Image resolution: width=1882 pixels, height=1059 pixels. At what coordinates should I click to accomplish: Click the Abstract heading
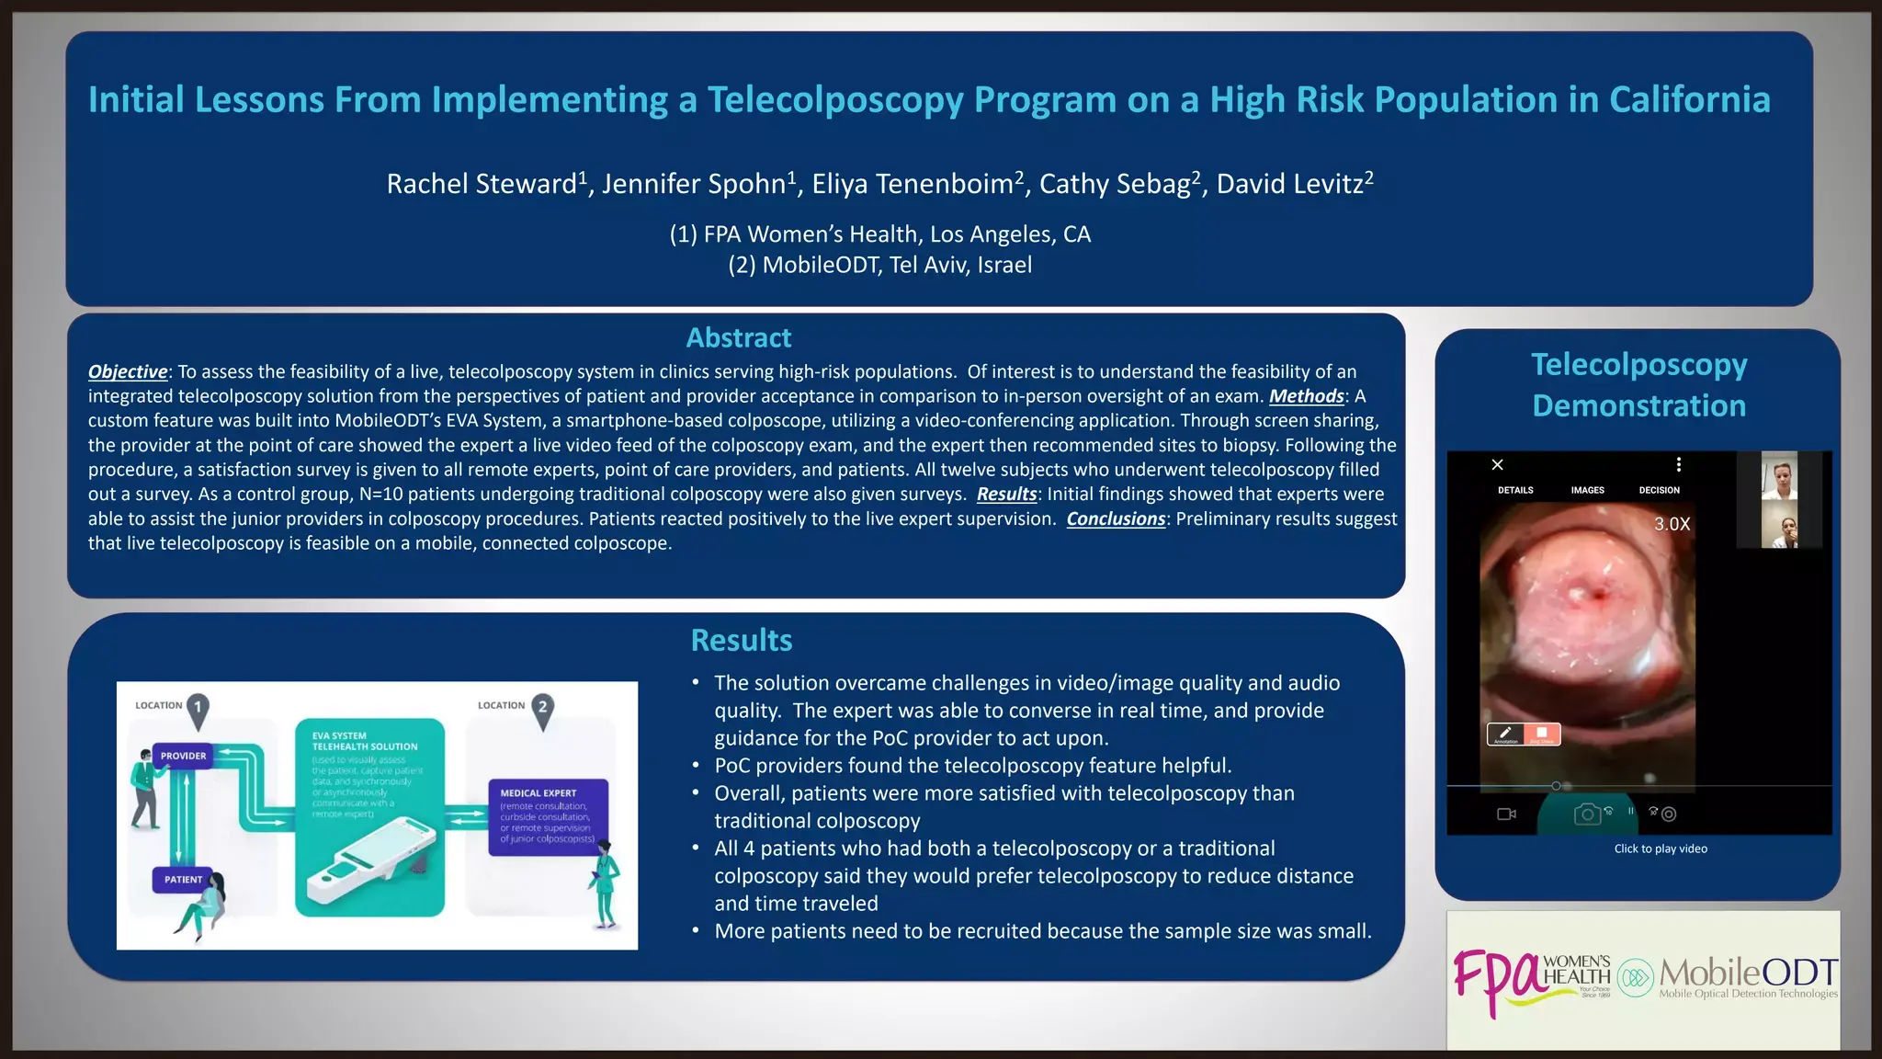coord(738,338)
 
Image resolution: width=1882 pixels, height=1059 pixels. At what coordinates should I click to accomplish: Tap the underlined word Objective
coord(128,372)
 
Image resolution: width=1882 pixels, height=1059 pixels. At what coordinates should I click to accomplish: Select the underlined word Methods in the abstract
coord(1306,396)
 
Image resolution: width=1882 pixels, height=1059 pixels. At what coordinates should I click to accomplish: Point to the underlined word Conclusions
coord(1116,519)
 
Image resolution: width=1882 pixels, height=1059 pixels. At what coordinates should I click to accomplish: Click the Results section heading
coord(741,641)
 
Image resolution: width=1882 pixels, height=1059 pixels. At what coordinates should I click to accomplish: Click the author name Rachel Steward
coord(482,184)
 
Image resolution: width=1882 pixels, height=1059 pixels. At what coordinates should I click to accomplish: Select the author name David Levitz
coord(1290,184)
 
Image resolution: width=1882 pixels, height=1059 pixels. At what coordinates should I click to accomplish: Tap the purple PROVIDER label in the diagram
coord(183,756)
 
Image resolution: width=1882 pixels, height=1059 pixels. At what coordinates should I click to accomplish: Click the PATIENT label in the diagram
coord(183,880)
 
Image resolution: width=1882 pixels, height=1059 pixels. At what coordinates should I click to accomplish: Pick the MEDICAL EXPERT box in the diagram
coord(548,816)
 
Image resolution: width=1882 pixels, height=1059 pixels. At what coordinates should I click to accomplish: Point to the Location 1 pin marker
coord(198,710)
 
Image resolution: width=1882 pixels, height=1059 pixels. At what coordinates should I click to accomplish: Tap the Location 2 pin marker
coord(543,710)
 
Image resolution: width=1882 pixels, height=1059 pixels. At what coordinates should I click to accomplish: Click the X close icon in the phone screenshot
coord(1497,465)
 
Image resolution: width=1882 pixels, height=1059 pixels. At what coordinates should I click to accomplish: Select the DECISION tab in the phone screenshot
coord(1659,491)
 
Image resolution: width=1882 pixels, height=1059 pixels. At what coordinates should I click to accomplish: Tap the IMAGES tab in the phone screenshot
coord(1587,491)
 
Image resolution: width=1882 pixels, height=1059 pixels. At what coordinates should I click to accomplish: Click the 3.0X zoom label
coord(1672,524)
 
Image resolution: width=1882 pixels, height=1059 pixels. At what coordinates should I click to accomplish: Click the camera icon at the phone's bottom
coord(1587,814)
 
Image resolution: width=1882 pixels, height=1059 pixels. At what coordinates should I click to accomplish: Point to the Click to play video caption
coord(1661,849)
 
